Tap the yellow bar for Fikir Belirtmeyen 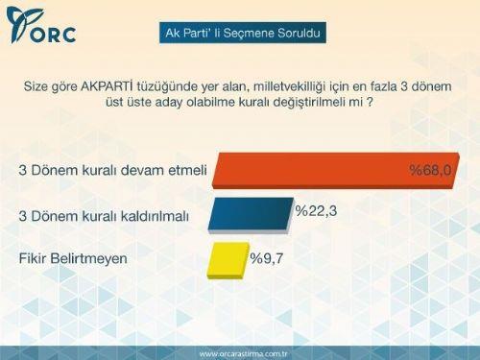point(227,258)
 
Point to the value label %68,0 point(430,170)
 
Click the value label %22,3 point(315,209)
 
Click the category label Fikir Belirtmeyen point(73,257)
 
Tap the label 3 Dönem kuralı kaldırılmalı point(111,216)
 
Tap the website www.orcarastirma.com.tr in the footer point(240,352)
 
